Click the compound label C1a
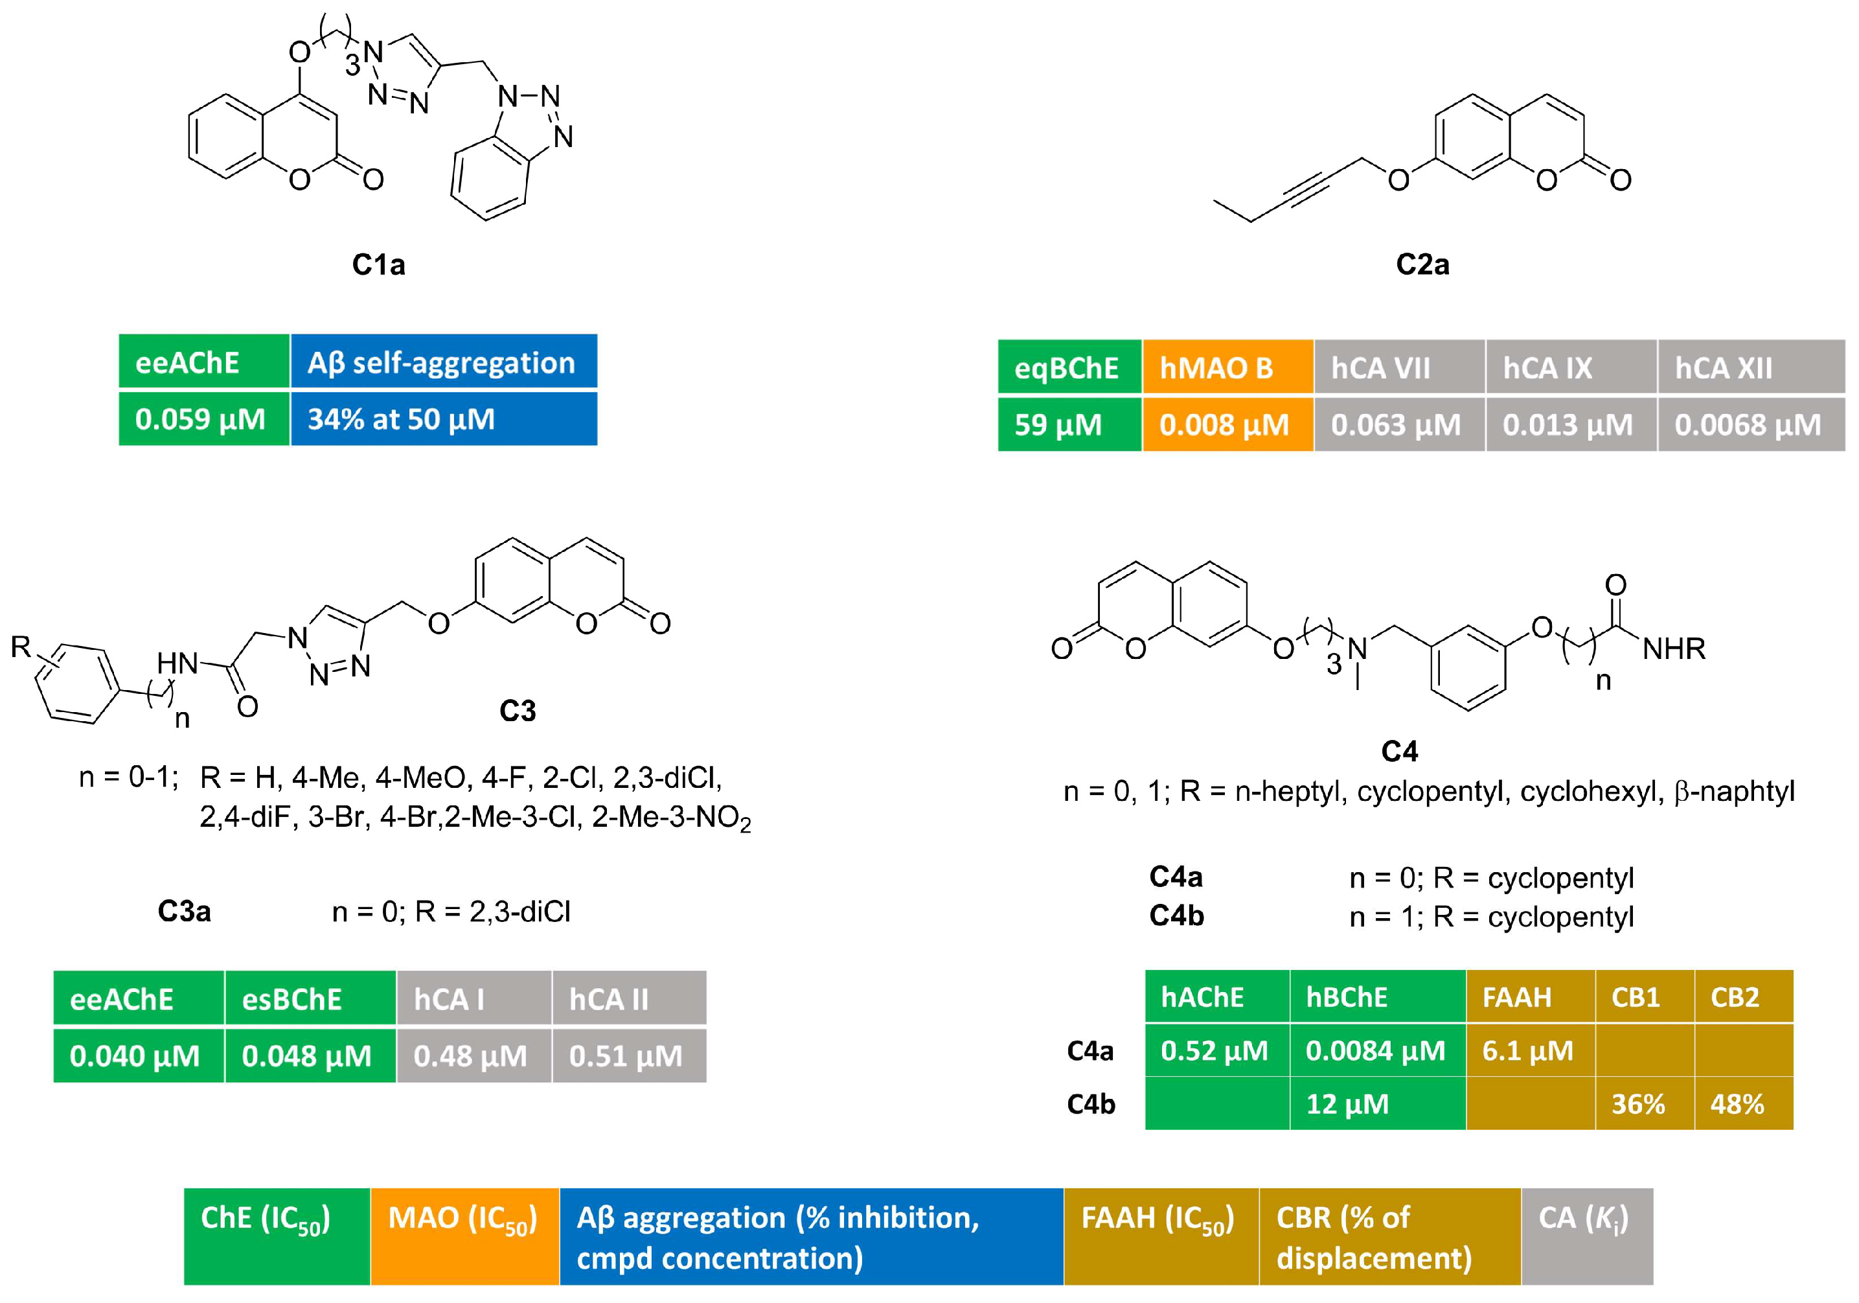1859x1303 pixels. click(x=378, y=265)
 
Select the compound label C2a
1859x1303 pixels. click(x=1422, y=265)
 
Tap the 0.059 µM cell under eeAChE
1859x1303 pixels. click(x=203, y=419)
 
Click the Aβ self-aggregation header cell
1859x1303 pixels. click(x=443, y=362)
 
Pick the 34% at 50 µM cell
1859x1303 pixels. click(x=443, y=419)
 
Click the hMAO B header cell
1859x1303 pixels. click(x=1227, y=367)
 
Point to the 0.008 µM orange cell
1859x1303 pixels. click(x=1227, y=424)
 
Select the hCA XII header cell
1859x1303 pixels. click(x=1750, y=367)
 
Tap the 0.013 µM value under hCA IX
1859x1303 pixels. click(x=1570, y=424)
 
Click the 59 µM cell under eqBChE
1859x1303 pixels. click(x=1069, y=424)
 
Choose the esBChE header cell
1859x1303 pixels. click(x=310, y=998)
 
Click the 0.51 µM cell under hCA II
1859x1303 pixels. click(x=628, y=1055)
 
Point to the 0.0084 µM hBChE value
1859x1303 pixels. click(x=1376, y=1050)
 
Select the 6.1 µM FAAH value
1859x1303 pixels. click(x=1529, y=1050)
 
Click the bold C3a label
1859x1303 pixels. click(x=184, y=911)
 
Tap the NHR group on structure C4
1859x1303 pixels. click(x=1674, y=649)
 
